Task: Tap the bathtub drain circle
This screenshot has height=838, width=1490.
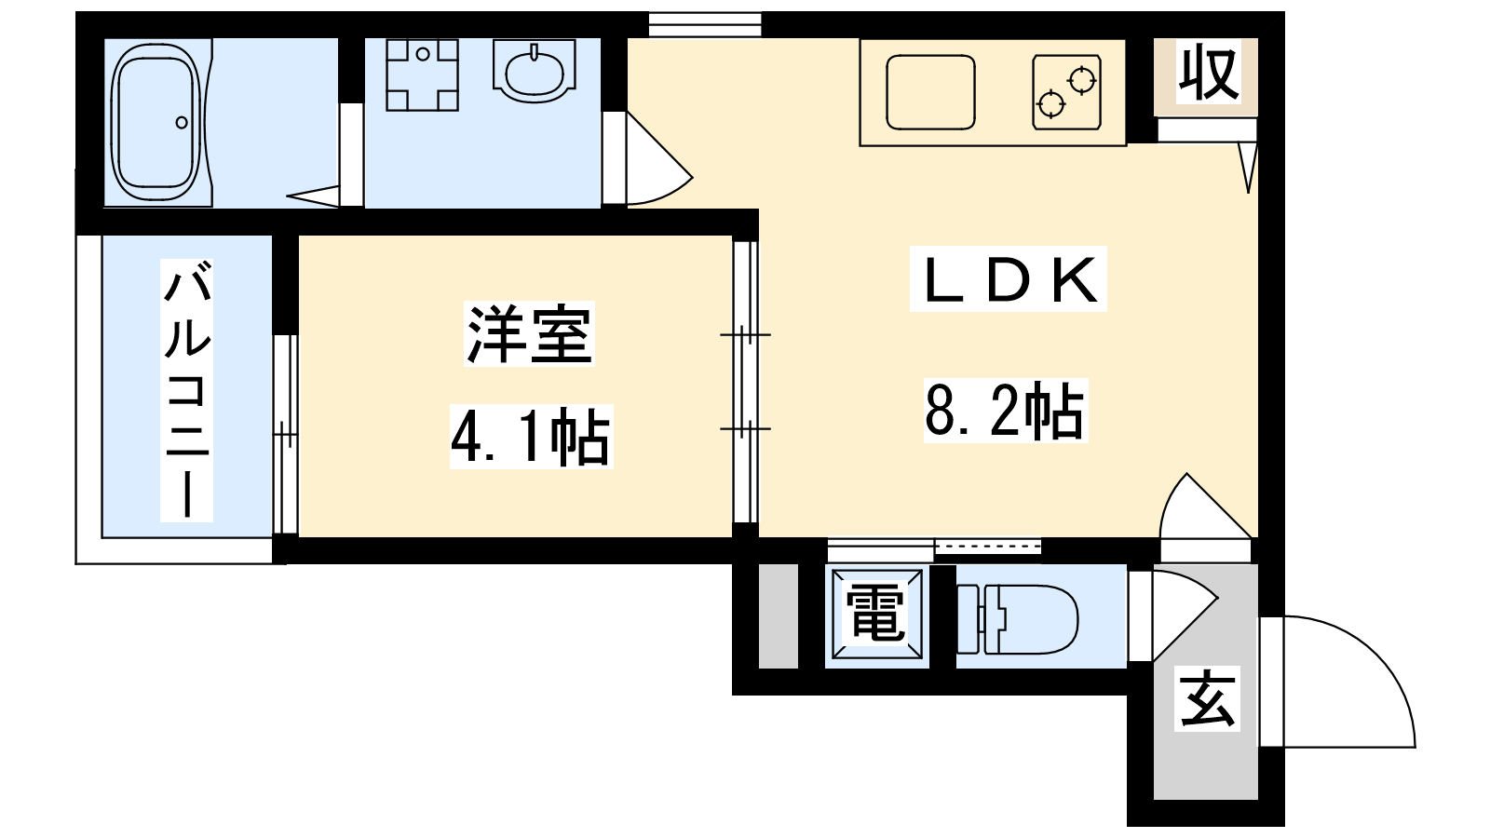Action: click(x=182, y=122)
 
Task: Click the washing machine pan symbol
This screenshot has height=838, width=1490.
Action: click(x=423, y=74)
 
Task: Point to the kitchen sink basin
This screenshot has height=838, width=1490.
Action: click(x=930, y=92)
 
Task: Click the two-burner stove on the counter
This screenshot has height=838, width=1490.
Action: click(x=1067, y=92)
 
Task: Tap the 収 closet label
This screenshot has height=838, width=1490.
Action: click(x=1210, y=72)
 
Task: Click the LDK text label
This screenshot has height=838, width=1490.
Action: click(x=1009, y=279)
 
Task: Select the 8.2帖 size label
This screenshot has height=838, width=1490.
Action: click(x=1006, y=411)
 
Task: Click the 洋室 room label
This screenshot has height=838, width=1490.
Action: click(x=529, y=334)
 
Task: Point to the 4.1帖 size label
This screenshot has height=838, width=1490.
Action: click(x=532, y=437)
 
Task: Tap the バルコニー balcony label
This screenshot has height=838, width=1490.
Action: click(x=187, y=390)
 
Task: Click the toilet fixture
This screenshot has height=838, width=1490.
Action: click(x=1018, y=618)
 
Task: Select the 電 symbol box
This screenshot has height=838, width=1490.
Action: click(x=877, y=615)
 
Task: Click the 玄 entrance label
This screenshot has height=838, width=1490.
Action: click(x=1207, y=698)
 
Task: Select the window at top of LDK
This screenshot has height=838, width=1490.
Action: click(x=704, y=24)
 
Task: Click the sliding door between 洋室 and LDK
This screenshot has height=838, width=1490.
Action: click(x=746, y=382)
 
